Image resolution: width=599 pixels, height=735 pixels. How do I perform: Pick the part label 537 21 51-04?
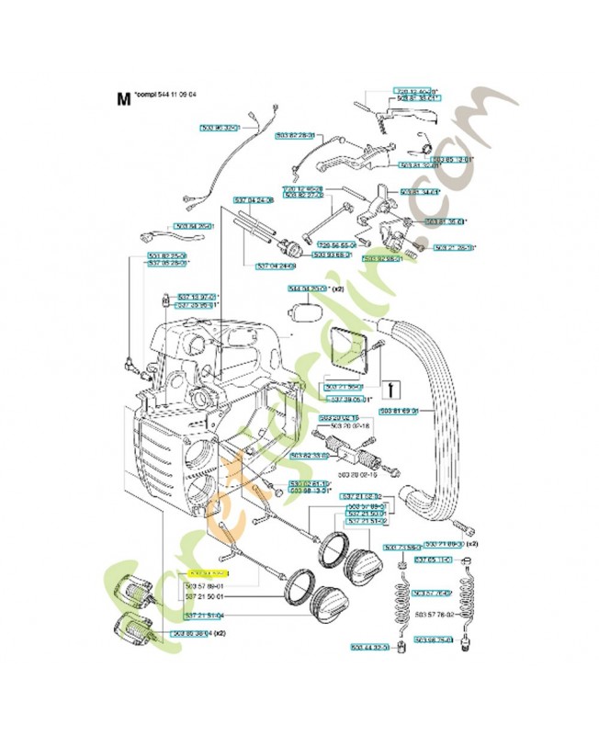tap(204, 616)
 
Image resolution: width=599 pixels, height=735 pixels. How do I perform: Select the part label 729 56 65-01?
tap(337, 245)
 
